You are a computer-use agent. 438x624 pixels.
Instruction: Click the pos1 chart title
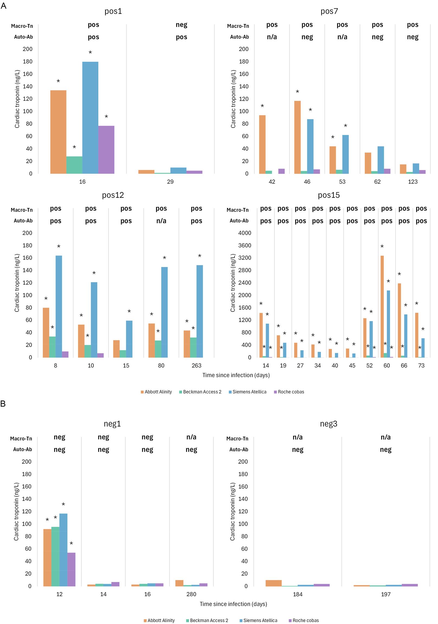tap(113, 11)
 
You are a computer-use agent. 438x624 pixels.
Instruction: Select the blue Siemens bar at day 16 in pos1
tap(90, 117)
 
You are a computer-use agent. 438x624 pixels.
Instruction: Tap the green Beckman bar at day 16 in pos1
tap(74, 165)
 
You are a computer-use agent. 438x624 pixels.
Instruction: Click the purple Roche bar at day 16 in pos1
tap(106, 149)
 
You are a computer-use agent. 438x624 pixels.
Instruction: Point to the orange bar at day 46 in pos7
tap(297, 137)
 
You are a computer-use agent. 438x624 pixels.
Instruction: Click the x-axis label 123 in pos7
tap(413, 182)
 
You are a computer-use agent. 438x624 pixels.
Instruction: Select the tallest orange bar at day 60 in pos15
tap(382, 306)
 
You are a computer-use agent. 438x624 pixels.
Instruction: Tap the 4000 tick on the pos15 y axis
tap(244, 233)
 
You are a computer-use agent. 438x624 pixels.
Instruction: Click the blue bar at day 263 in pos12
tap(199, 311)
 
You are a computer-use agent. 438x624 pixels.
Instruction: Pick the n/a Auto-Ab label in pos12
tap(161, 221)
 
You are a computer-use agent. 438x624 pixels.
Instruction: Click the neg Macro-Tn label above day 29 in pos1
tap(181, 25)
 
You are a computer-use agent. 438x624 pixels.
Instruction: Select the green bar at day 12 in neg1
tap(55, 556)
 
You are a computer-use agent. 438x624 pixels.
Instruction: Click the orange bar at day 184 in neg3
tap(273, 583)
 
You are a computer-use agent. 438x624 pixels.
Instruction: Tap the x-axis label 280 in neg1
tap(191, 594)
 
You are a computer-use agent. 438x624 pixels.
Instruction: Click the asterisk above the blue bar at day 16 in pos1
tap(90, 53)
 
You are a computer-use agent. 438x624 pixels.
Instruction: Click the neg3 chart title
tap(328, 424)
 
